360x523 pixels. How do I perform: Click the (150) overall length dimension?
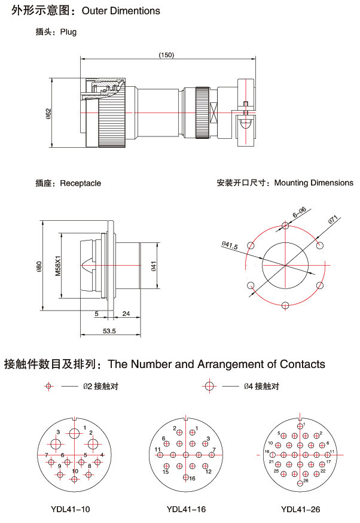(166, 55)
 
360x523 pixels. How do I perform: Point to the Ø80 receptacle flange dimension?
(39, 265)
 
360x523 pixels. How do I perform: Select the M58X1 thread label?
(58, 265)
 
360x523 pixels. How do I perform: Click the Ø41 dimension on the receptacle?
(154, 265)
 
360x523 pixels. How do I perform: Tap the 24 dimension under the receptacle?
(126, 314)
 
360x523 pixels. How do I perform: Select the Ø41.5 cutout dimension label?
(229, 245)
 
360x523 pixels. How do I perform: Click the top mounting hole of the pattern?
(285, 226)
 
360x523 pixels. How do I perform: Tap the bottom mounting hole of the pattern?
(285, 305)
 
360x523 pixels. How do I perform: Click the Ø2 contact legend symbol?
(49, 387)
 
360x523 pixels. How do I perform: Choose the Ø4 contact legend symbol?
(209, 387)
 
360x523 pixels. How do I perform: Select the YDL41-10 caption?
(71, 510)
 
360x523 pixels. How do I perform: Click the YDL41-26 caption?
(301, 510)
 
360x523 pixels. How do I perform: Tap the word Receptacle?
(80, 183)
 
